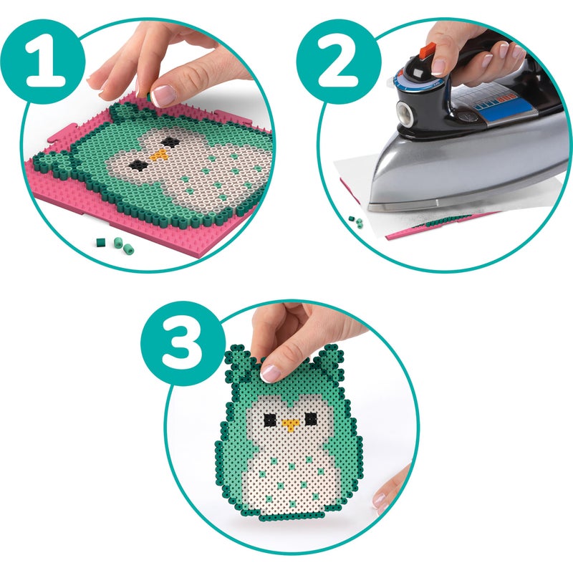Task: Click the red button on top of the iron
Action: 428,49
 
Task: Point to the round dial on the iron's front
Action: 404,111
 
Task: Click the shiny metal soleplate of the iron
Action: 458,172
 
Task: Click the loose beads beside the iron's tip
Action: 355,222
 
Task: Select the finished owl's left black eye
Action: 269,419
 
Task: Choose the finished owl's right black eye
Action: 311,418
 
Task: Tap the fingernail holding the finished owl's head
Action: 270,372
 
